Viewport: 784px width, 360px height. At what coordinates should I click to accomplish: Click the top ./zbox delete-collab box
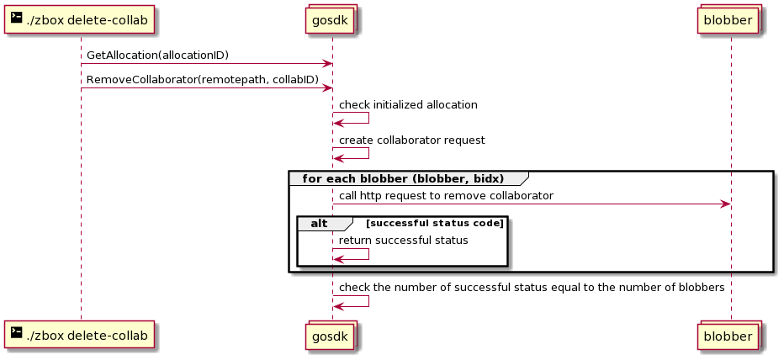point(80,20)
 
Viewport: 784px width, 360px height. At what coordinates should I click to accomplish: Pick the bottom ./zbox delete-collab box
point(80,336)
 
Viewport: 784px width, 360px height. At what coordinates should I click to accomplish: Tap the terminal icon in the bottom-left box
point(17,332)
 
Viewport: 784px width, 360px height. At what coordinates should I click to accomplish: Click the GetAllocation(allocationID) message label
point(157,55)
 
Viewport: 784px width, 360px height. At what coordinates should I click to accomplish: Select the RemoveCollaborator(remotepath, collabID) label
point(203,80)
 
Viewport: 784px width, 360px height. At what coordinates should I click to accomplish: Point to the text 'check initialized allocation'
point(408,105)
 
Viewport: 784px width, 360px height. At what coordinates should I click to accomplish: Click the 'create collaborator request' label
point(412,140)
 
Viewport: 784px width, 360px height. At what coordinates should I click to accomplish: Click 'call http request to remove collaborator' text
point(446,195)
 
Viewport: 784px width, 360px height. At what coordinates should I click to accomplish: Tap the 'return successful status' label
point(404,241)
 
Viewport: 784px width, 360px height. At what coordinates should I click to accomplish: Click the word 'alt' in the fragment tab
point(319,224)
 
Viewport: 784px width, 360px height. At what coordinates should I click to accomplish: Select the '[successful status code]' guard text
point(435,223)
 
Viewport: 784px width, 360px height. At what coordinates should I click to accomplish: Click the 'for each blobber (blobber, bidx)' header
point(403,178)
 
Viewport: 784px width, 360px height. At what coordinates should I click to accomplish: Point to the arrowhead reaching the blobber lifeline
point(725,204)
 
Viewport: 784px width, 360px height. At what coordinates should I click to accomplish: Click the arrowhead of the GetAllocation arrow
point(327,63)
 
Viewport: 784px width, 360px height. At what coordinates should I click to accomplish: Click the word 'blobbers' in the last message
point(702,288)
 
